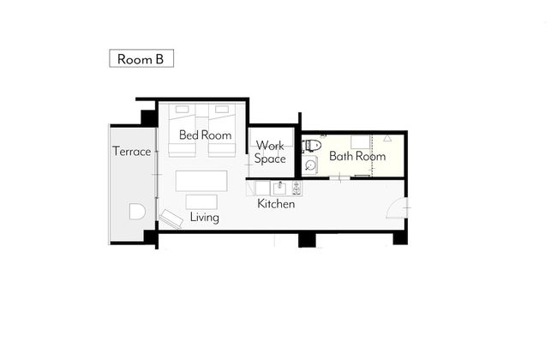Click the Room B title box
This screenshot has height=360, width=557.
point(141,58)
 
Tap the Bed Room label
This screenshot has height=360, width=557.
point(205,135)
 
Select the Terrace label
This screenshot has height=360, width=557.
point(132,152)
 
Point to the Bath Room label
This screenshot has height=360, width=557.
point(357,156)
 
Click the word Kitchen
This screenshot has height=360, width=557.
point(276,204)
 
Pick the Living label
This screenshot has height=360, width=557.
point(204,217)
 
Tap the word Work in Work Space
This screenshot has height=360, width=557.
point(270,146)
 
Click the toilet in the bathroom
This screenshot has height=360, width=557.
point(313,145)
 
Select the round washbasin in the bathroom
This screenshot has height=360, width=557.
point(310,165)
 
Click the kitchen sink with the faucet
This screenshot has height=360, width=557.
point(280,188)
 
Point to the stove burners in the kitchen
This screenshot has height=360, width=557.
point(296,188)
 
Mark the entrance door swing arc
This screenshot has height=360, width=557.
point(393,207)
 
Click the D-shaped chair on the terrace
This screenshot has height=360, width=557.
point(137,212)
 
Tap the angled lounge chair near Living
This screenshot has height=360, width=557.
point(171,219)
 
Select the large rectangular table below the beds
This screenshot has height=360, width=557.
point(201,181)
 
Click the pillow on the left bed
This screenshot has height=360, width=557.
point(183,110)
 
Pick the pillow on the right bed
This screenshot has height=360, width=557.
point(222,110)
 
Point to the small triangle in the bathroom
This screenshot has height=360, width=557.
point(387,138)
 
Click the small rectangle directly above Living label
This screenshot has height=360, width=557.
point(201,201)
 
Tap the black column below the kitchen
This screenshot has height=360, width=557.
point(307,240)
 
